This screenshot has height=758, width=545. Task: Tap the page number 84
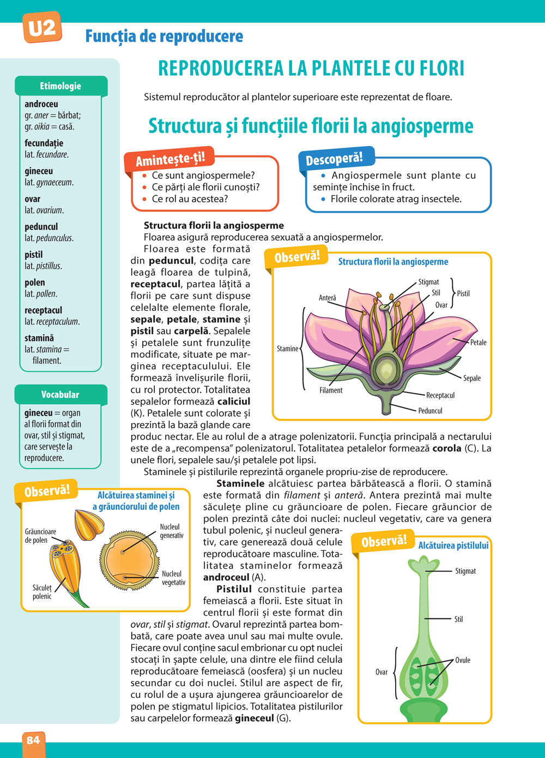(33, 739)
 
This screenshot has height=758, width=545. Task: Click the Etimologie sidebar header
(60, 86)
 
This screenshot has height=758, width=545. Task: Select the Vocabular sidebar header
(60, 394)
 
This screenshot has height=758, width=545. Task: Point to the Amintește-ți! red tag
(170, 159)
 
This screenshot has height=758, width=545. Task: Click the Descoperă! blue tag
(334, 159)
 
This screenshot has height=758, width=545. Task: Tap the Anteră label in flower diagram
(328, 298)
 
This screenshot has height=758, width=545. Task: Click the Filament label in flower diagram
(331, 390)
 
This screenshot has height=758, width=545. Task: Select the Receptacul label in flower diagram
(440, 395)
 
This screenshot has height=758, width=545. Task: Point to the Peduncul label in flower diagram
(431, 411)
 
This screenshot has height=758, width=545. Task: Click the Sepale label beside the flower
(472, 378)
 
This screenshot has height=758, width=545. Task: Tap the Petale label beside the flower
(478, 342)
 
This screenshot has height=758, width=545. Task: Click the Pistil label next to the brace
(463, 293)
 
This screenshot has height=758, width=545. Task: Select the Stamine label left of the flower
(287, 348)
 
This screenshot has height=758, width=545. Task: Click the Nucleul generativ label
(172, 531)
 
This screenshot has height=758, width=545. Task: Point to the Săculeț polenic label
(42, 592)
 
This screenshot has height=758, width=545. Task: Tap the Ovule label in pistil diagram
(463, 660)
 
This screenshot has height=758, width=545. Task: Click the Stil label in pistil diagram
(458, 619)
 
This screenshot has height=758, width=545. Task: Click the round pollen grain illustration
(129, 562)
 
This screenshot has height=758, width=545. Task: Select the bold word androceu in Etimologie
(41, 104)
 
